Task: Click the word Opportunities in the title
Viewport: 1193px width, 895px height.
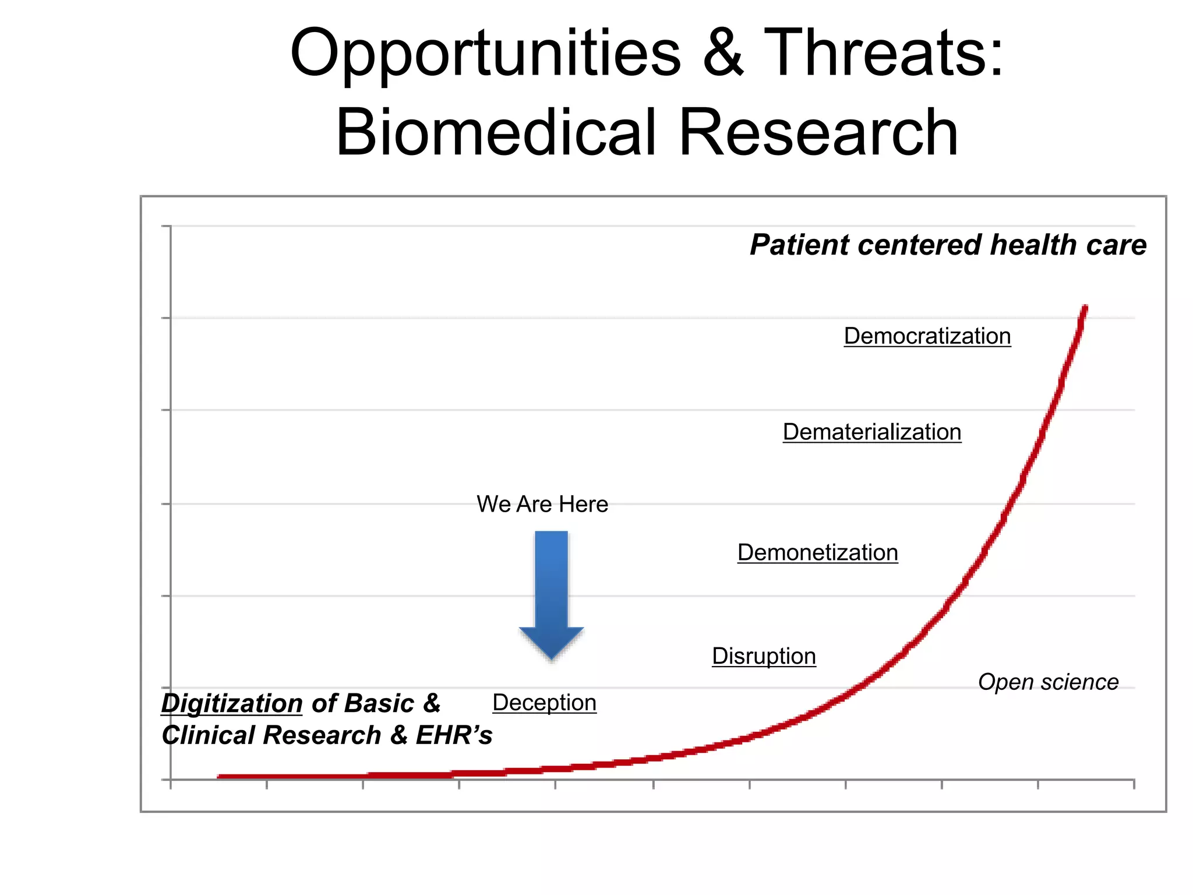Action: [485, 54]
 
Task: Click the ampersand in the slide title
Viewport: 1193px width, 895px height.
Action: [723, 54]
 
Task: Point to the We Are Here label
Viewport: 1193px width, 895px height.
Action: [542, 504]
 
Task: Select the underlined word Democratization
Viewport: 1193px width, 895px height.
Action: [927, 336]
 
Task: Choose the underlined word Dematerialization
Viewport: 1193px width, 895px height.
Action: [871, 432]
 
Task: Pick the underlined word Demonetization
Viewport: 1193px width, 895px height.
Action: [817, 552]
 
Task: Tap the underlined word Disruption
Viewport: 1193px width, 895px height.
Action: [764, 656]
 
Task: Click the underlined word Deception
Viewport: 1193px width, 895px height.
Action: [544, 703]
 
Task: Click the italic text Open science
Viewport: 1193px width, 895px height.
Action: [1048, 682]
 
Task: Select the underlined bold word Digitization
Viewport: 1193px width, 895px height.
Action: [232, 703]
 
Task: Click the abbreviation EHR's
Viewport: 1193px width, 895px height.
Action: [454, 735]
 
